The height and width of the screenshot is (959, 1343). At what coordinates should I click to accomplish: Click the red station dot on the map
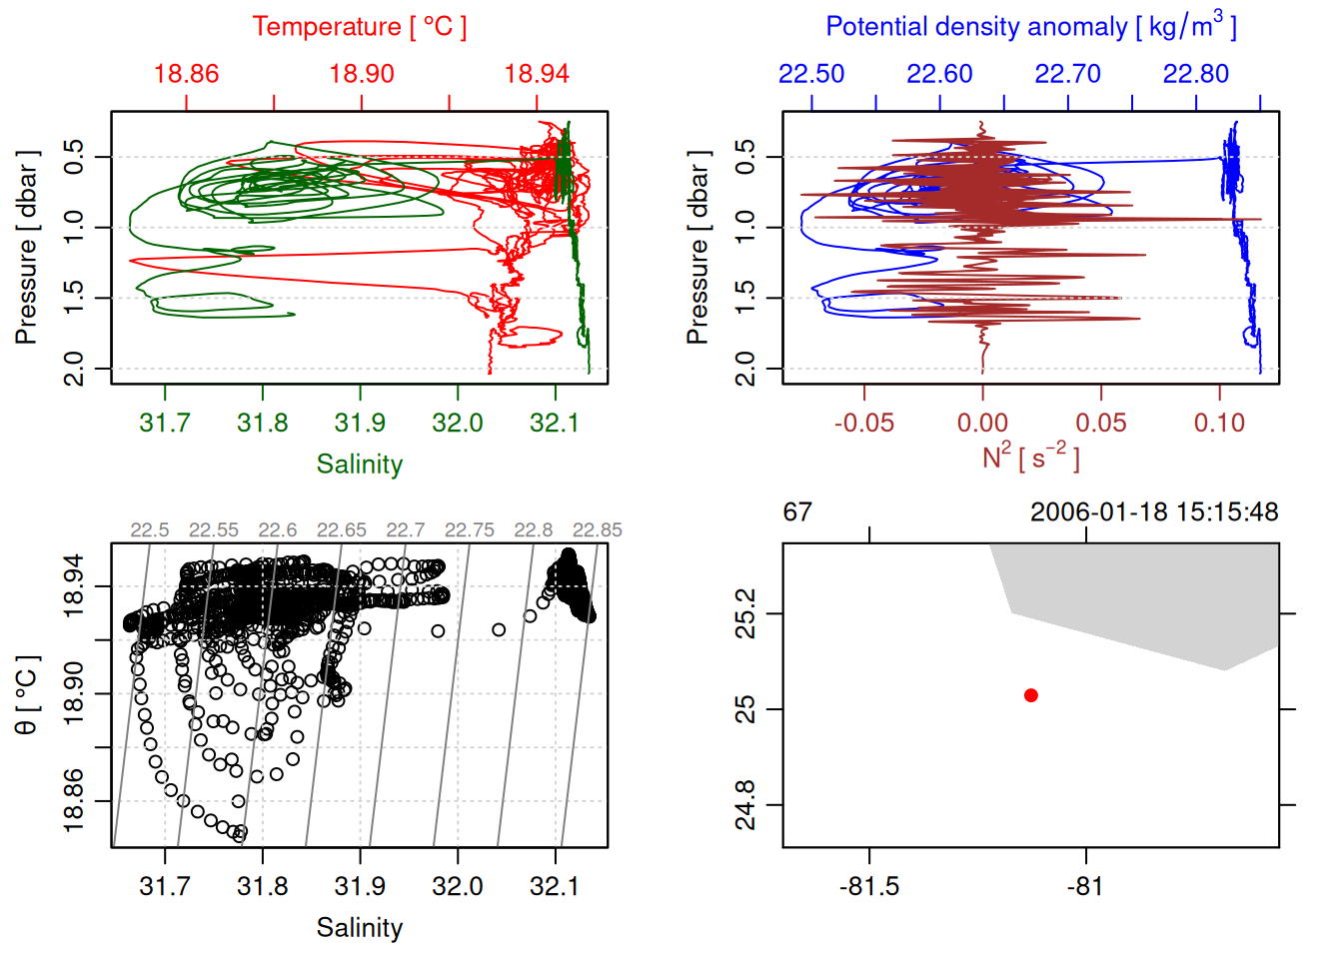pos(1030,695)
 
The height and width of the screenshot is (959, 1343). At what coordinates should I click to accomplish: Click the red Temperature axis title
pos(359,27)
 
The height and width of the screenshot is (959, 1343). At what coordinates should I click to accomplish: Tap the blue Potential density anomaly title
pos(1030,26)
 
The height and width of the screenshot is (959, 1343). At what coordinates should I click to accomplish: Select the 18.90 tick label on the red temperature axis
pos(362,74)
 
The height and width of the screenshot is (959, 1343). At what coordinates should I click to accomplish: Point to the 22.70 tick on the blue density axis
pos(1067,74)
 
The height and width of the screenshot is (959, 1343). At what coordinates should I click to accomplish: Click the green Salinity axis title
pos(359,465)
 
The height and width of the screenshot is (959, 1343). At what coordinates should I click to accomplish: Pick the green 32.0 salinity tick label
pos(458,423)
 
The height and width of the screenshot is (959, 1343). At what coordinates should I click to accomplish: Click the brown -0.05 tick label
pos(864,423)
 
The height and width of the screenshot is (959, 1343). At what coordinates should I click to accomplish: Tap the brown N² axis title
pos(1030,457)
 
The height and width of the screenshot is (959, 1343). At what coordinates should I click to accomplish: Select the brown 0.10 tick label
pos(1219,423)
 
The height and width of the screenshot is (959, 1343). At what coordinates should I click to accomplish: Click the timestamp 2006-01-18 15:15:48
pos(1154,512)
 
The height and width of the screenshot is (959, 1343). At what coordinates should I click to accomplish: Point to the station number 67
pos(797,512)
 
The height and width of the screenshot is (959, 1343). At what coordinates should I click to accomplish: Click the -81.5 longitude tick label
pos(869,886)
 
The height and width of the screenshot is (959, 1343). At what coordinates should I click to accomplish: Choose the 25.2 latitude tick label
pos(745,613)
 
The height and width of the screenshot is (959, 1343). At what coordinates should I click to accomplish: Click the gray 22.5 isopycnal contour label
pos(150,530)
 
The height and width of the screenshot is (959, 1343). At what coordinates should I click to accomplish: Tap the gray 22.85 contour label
pos(597,530)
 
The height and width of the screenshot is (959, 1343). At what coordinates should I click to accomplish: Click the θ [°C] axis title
pos(27,695)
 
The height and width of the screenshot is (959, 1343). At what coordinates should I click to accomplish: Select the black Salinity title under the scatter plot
pos(359,928)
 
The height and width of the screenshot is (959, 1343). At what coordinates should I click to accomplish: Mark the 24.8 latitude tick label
pos(745,805)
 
